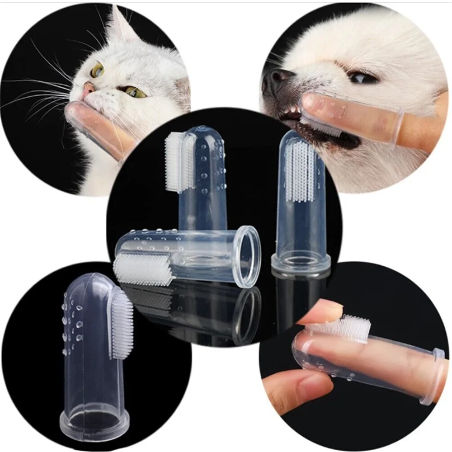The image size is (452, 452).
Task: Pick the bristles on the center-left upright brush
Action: (174, 160)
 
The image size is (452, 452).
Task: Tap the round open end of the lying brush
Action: (247, 256)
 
